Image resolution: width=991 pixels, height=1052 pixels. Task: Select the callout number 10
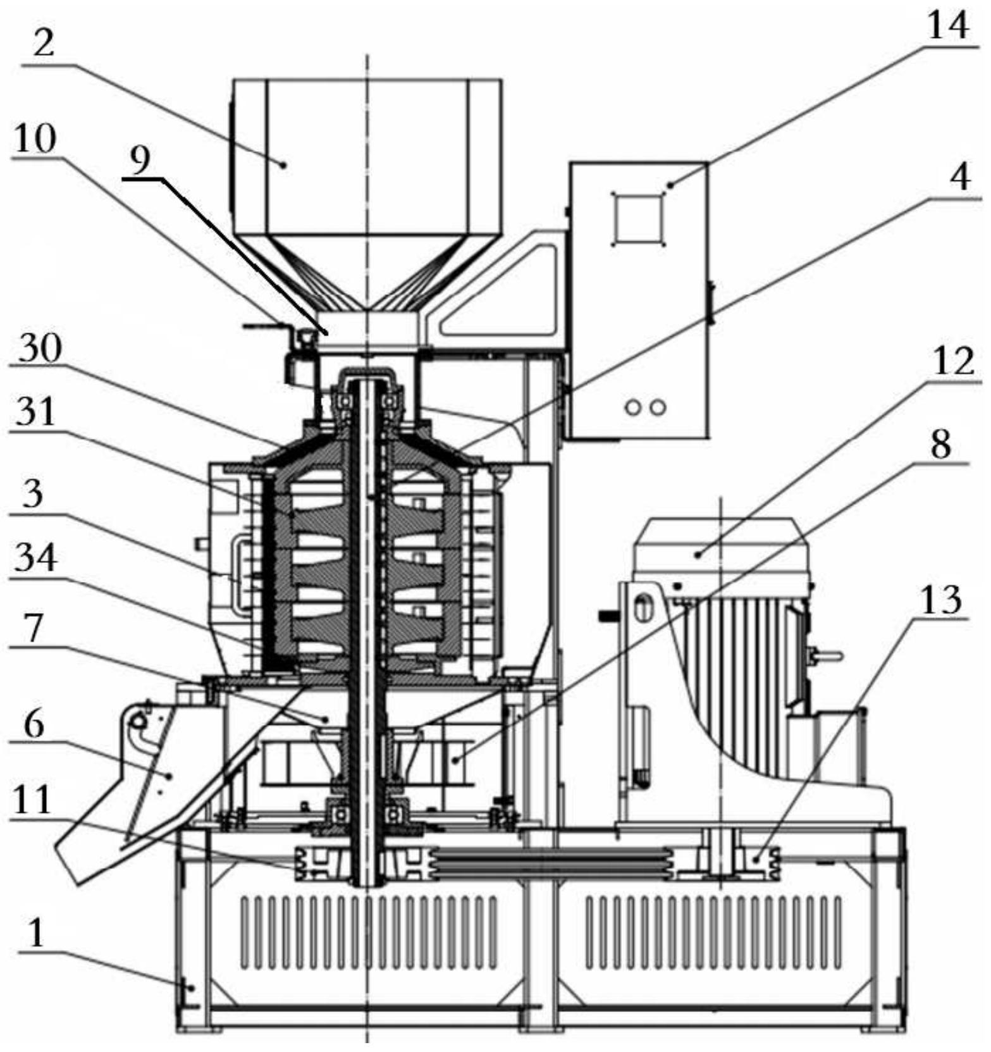pos(35,139)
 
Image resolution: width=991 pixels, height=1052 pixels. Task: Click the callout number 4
pos(960,178)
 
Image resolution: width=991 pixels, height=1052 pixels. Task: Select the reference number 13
pos(942,599)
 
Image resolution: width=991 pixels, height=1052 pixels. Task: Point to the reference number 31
pos(36,412)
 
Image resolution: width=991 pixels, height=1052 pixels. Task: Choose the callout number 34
pos(36,558)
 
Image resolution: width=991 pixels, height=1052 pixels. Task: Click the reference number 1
pos(37,932)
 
